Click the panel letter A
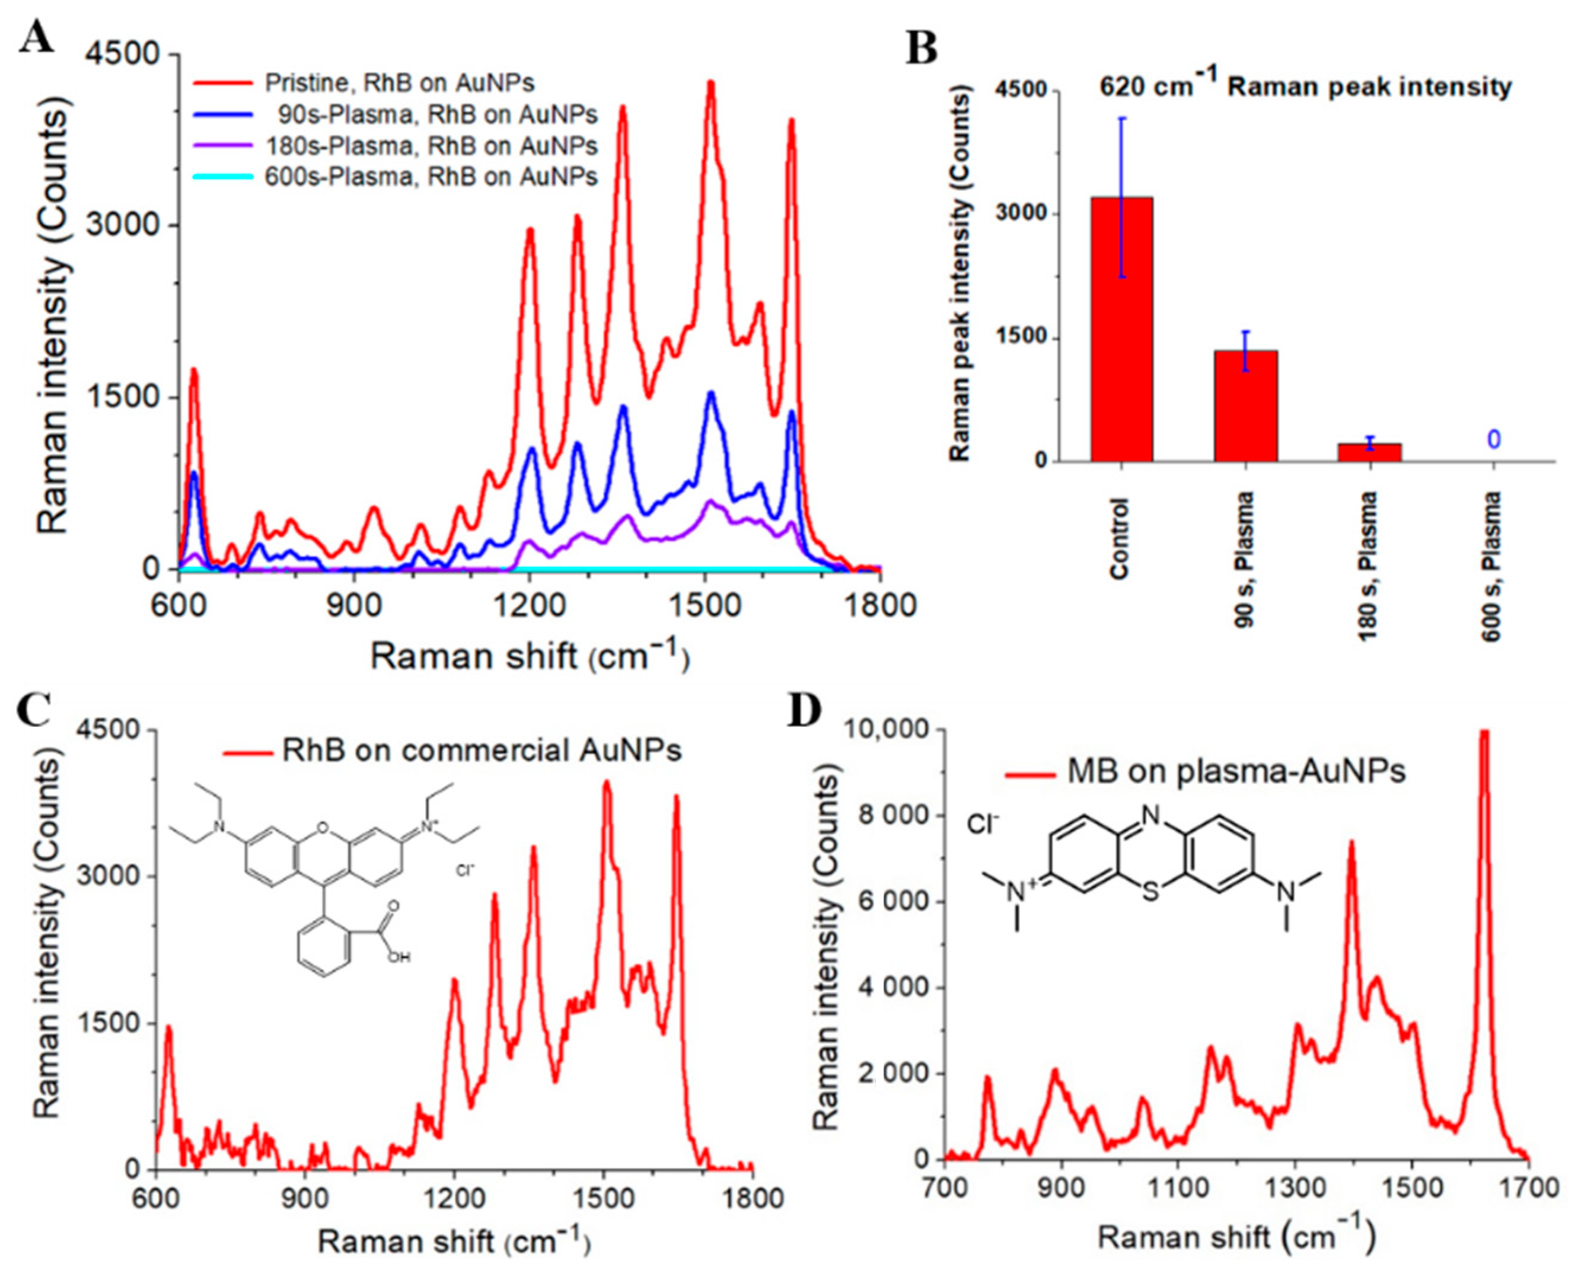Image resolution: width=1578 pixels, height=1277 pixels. pos(37,37)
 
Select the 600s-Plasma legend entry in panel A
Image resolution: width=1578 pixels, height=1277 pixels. pos(431,177)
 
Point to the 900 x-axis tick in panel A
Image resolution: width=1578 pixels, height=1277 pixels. pos(354,605)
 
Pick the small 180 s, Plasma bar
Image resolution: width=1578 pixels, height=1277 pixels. pos(1369,452)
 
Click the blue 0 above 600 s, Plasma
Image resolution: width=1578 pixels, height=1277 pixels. pos(1493,440)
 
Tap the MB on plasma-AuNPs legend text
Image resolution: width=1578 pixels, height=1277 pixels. pos(1235,772)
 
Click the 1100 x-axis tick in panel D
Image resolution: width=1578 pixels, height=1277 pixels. pos(1178,1189)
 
